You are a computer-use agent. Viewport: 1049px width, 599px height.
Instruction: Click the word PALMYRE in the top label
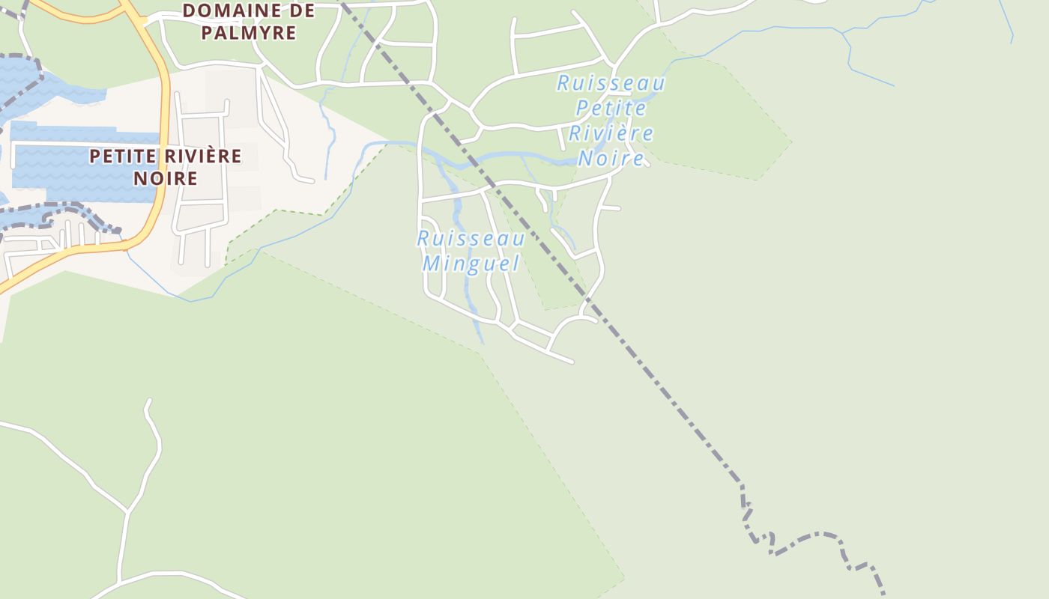(259, 33)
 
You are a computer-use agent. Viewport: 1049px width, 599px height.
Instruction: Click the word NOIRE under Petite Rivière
(166, 178)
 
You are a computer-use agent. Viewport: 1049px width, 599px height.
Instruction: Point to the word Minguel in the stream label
(471, 264)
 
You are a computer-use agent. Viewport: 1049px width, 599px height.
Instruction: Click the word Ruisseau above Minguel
(471, 239)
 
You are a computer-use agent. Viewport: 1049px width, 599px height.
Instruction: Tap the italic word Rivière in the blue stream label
(611, 133)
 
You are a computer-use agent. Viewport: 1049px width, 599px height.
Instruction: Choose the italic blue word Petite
(611, 109)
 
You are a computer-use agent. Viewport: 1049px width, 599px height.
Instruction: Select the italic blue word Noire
(611, 158)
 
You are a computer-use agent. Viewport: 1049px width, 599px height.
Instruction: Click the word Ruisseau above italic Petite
(611, 83)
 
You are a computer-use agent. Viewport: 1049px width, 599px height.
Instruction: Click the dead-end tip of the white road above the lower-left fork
(149, 401)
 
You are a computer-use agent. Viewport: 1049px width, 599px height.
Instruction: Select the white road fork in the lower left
(127, 512)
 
